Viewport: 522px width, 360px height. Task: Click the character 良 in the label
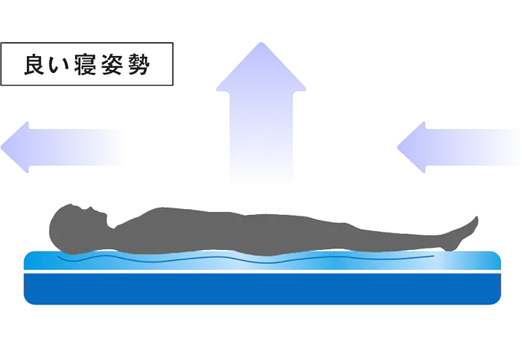[35, 65]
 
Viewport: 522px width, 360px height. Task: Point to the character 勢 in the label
[142, 65]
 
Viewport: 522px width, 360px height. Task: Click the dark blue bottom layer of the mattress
[262, 289]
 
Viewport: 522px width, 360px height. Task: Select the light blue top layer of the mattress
[262, 262]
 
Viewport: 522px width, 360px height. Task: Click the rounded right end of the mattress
[499, 277]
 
